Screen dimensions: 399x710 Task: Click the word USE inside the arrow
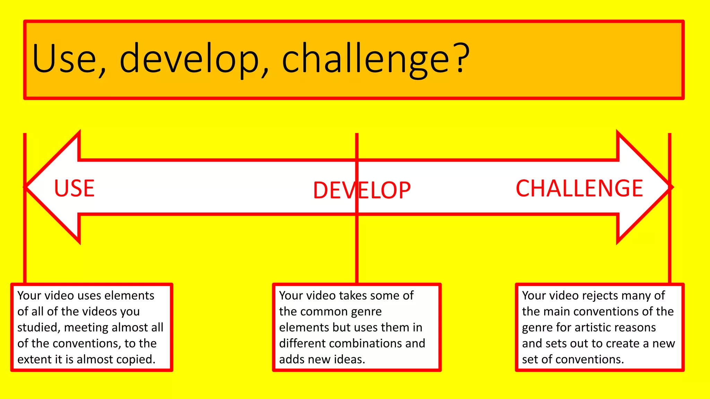tap(74, 188)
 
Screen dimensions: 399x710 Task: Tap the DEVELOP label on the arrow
tap(362, 190)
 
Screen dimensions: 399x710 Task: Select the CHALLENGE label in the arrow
tap(579, 188)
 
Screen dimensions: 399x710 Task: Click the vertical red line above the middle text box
tap(357, 249)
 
